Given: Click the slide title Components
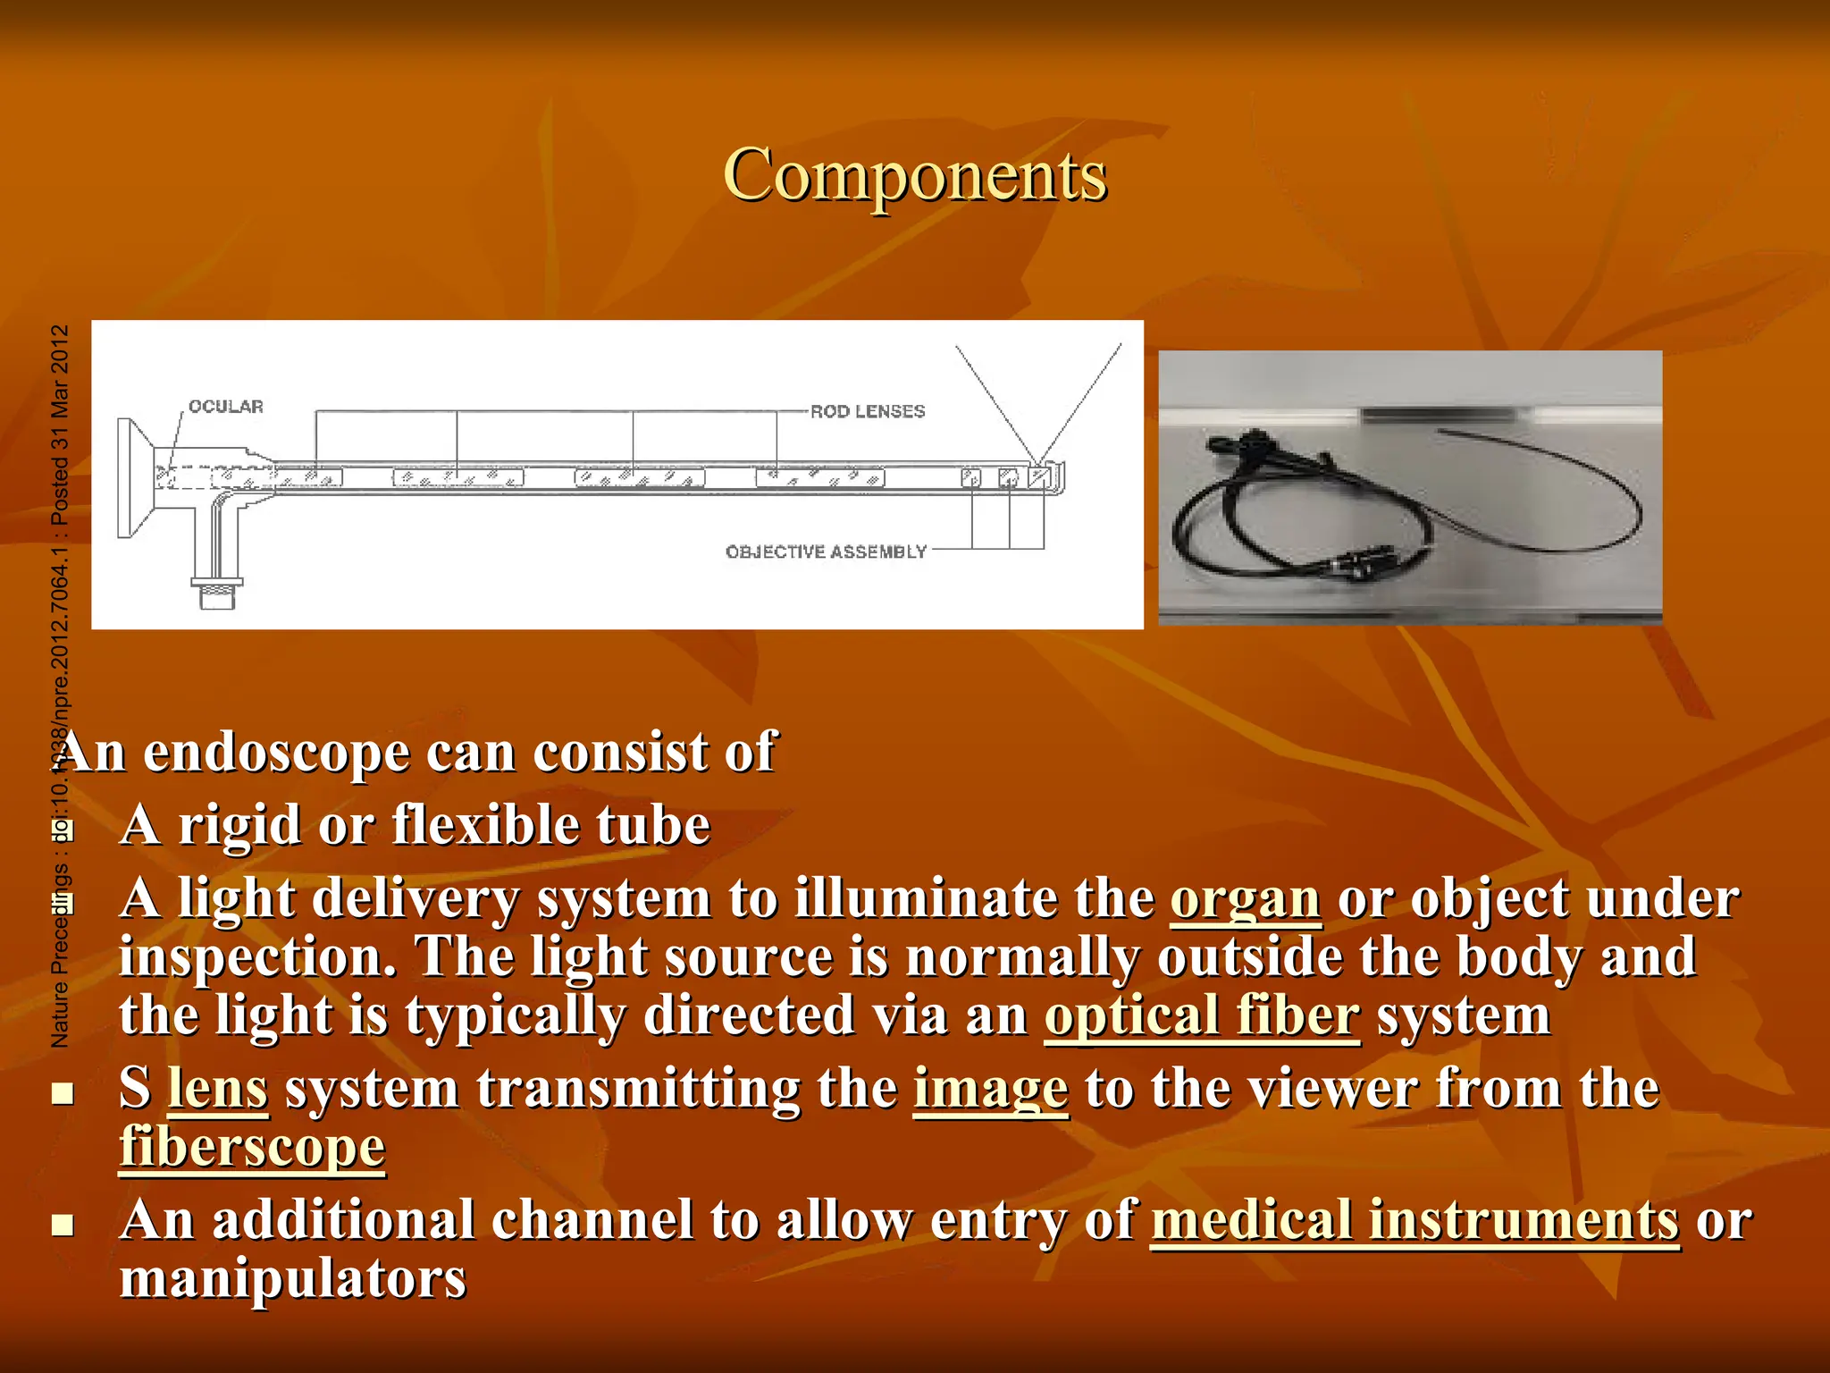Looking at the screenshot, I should tap(914, 175).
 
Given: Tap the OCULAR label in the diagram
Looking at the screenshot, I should tap(225, 407).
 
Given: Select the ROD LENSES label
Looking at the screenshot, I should tap(867, 411).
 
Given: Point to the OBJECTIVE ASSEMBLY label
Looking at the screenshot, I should tap(826, 552).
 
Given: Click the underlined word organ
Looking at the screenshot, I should tap(1245, 897).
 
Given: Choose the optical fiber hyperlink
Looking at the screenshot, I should tap(1202, 1015).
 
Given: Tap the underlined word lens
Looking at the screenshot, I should tap(218, 1089).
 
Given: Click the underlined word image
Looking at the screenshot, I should tap(990, 1089).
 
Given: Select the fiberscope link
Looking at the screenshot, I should tap(253, 1147).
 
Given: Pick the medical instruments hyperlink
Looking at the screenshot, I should tap(1414, 1220).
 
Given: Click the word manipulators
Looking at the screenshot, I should tap(293, 1278).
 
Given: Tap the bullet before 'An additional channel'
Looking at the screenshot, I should tap(63, 1224).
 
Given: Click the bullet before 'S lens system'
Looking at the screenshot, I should tap(63, 1092).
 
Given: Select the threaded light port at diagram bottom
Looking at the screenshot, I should tap(217, 591).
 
